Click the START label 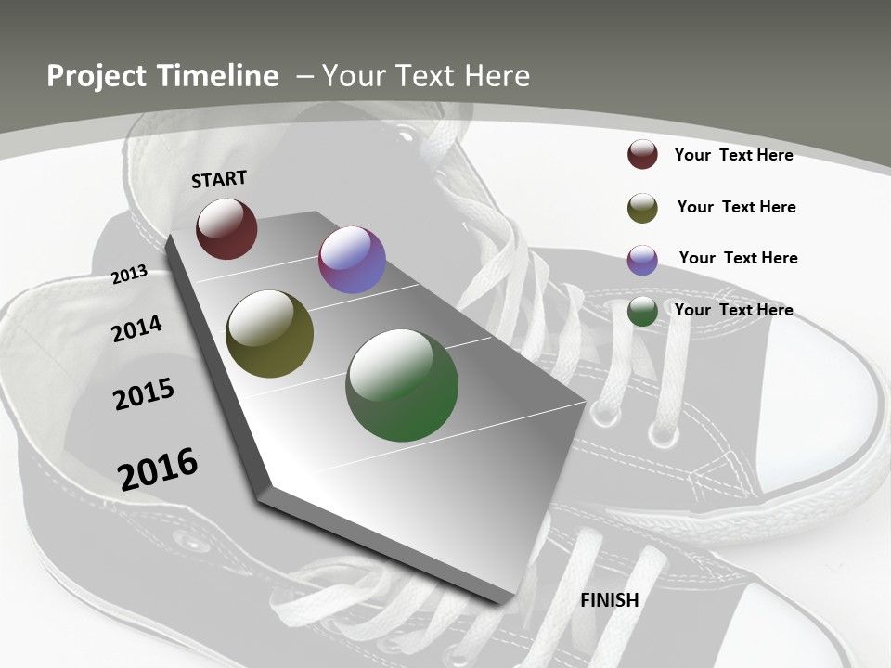pos(219,178)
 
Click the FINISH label pos(610,600)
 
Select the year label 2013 pos(129,275)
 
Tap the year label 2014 pos(136,328)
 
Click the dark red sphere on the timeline pos(226,228)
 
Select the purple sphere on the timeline pos(352,260)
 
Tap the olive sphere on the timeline pos(269,334)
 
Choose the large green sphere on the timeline pos(402,385)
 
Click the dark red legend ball pos(642,155)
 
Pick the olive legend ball pos(642,208)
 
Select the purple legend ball pos(642,260)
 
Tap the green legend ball pos(642,312)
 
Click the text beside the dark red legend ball pos(733,155)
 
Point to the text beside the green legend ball pos(733,310)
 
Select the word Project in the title pos(96,76)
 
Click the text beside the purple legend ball pos(738,258)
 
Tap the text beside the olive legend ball pos(736,207)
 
